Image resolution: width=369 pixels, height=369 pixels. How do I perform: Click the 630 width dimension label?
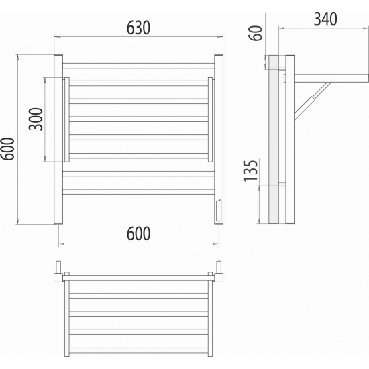[x=138, y=28]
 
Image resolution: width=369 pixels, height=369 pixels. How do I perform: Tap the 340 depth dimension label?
[x=325, y=19]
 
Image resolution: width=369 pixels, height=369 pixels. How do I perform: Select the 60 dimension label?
[x=255, y=33]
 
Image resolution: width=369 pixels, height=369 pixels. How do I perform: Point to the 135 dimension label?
[x=251, y=171]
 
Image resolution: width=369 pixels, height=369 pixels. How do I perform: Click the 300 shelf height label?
[x=36, y=119]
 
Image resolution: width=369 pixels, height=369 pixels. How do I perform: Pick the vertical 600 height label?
[x=7, y=149]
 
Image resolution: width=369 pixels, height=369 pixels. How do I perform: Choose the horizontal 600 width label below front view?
[x=138, y=233]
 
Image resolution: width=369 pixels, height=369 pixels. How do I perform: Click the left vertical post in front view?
[x=58, y=140]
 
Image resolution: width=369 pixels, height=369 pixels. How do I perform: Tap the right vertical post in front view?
[x=219, y=140]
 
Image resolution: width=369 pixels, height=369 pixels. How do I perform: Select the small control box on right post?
[x=218, y=211]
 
